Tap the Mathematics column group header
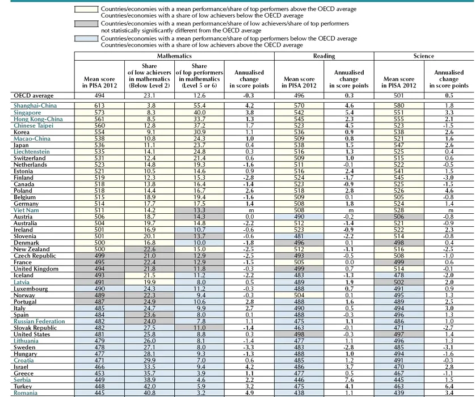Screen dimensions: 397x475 pyautogui.click(x=174, y=56)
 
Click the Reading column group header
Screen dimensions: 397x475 pyautogui.click(x=323, y=56)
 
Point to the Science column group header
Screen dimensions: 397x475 pyautogui.click(x=423, y=56)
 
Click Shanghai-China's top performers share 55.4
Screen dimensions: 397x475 pyautogui.click(x=198, y=105)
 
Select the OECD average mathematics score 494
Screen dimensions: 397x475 pyautogui.click(x=99, y=96)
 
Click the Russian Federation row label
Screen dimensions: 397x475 pyautogui.click(x=39, y=321)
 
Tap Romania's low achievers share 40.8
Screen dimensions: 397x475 pyautogui.click(x=149, y=392)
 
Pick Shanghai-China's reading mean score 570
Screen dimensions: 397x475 pyautogui.click(x=299, y=105)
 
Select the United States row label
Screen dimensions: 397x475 pyautogui.click(x=32, y=334)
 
